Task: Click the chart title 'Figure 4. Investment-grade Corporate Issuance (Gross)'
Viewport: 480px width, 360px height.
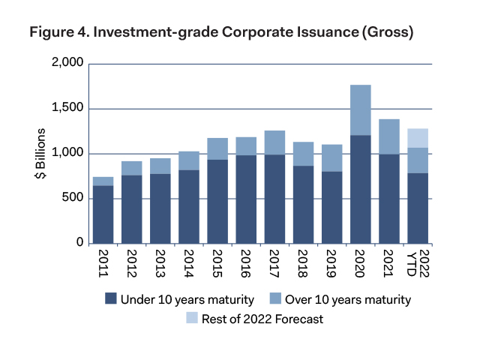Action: point(221,33)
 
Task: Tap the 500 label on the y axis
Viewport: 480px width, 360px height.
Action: point(72,199)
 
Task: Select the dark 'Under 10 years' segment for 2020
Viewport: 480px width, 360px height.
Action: point(360,189)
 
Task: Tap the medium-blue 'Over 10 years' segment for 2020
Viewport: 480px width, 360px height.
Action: point(360,110)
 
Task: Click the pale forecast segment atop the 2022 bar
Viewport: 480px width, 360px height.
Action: point(418,138)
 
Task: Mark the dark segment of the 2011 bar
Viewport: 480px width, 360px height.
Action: point(103,214)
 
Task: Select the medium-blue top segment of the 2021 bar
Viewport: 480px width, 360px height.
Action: point(388,136)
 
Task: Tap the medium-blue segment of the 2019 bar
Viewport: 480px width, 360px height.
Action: point(331,158)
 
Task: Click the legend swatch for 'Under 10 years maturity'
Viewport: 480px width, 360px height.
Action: point(111,300)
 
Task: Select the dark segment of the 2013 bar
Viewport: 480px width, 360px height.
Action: point(160,208)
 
